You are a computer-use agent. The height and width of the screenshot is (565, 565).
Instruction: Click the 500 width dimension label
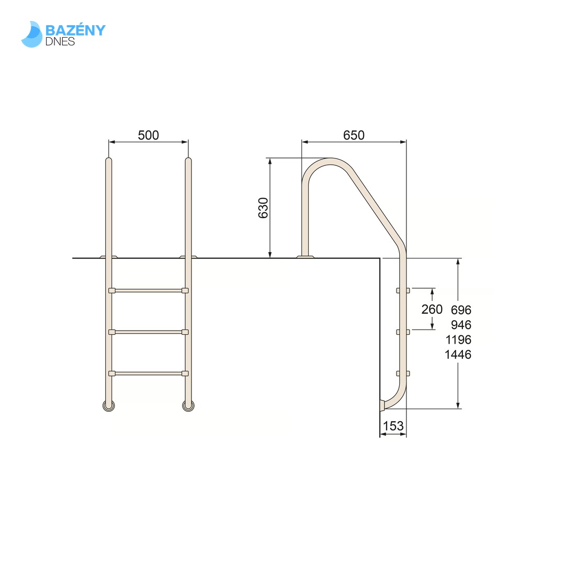coord(148,135)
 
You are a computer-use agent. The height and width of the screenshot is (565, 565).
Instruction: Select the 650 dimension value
coord(354,135)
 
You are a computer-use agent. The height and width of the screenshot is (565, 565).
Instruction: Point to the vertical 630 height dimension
coord(263,208)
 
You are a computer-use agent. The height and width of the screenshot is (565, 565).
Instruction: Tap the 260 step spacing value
coord(432,309)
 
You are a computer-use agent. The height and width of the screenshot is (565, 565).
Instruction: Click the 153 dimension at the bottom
coord(393,426)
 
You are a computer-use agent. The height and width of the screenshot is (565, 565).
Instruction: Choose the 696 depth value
coord(461,310)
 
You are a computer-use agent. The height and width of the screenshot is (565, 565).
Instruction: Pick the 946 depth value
coord(461,324)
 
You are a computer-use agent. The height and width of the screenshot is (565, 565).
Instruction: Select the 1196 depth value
coord(458,340)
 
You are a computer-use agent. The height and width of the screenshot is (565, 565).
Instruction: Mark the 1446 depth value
coord(458,354)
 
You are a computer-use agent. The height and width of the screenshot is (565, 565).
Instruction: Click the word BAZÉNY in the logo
coord(75,30)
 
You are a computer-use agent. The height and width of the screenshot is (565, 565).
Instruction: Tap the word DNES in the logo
coord(60,41)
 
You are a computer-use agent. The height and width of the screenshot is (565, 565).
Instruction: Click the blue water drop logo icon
coord(31,35)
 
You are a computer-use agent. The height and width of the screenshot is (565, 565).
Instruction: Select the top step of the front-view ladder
coord(149,290)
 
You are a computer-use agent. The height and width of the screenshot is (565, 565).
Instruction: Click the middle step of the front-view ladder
coord(149,332)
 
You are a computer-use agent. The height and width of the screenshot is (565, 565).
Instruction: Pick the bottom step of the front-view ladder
coord(149,373)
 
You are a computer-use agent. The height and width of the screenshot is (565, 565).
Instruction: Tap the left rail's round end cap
coord(109,405)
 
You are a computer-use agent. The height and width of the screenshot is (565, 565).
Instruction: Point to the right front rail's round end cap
coord(188,405)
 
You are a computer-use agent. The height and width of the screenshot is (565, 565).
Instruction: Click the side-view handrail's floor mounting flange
coord(306,256)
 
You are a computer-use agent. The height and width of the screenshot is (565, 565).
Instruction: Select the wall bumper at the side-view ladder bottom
coord(382,404)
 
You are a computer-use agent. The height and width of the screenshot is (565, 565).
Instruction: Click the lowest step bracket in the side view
coord(403,373)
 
